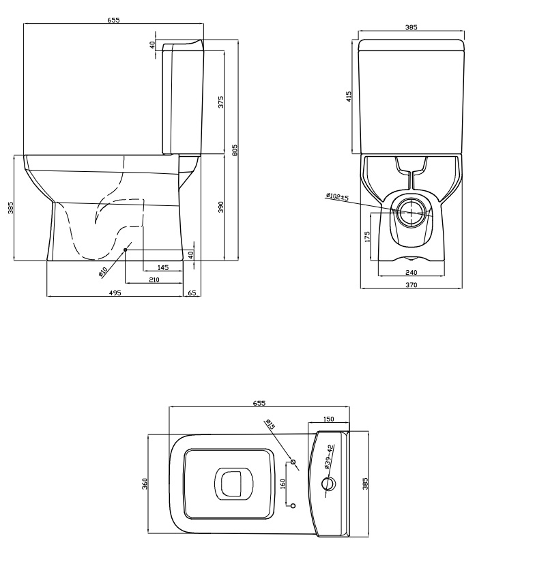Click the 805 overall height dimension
pos(235,150)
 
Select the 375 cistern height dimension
pos(220,102)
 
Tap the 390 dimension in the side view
pos(220,207)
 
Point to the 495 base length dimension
pos(115,293)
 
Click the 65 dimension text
pos(192,293)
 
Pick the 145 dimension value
pos(163,267)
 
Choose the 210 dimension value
pos(154,280)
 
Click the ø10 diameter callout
pos(103,272)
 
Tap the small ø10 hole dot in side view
pos(126,250)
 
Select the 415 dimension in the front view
pos(349,96)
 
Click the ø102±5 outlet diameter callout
pos(337,197)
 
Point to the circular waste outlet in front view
pos(411,213)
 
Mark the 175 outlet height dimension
pos(367,237)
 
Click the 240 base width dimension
pos(411,272)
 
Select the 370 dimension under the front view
pos(411,285)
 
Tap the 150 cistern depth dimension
pos(329,419)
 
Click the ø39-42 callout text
pos(330,457)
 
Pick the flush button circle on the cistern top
pos(328,484)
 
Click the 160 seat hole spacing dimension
pos(283,484)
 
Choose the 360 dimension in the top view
pos(145,484)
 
